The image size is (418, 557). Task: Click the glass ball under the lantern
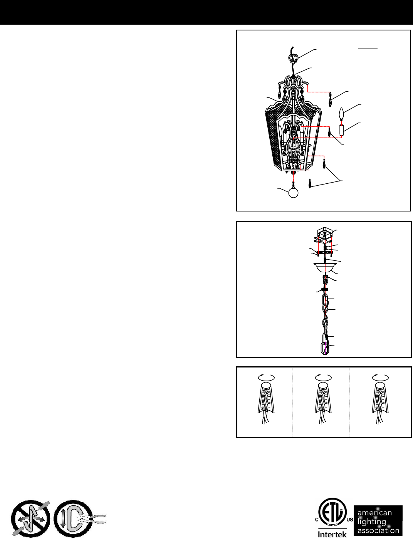[x=293, y=193]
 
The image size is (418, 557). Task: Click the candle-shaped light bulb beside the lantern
[x=342, y=114]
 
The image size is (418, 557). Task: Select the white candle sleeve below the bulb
[x=342, y=130]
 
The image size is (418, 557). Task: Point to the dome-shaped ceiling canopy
[x=325, y=268]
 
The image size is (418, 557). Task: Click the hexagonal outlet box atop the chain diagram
[x=325, y=233]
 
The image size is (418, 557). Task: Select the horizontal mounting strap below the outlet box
[x=325, y=253]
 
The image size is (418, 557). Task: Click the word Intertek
[x=332, y=534]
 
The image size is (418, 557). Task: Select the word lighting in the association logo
[x=372, y=522]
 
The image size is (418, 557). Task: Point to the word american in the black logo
[x=374, y=513]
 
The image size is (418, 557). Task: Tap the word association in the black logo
[x=378, y=530]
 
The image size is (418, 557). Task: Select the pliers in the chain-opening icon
[x=94, y=519]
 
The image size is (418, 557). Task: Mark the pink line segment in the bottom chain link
[x=325, y=348]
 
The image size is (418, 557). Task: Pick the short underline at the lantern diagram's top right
[x=368, y=48]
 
